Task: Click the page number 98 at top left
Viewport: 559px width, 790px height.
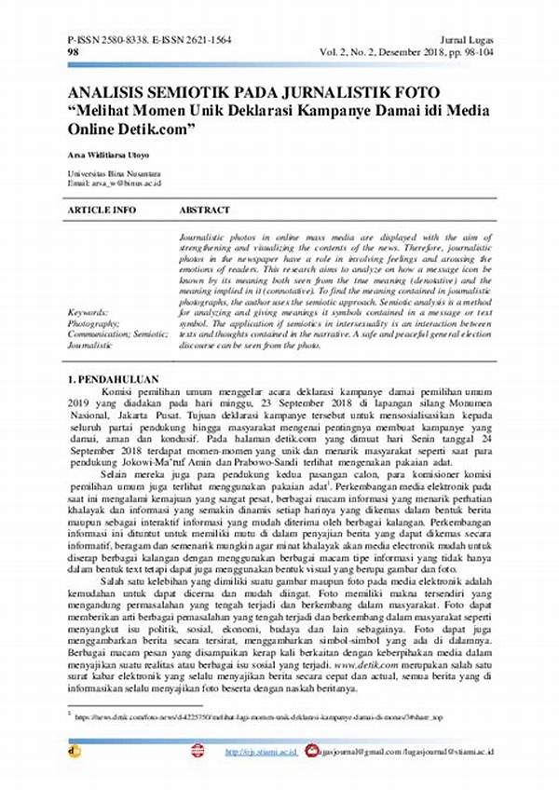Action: click(72, 54)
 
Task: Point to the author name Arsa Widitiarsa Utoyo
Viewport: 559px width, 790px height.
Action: click(108, 153)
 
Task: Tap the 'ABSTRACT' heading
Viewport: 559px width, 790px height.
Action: click(204, 211)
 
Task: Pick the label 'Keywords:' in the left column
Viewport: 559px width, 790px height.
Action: click(88, 312)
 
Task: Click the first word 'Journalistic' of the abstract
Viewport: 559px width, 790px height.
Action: click(204, 239)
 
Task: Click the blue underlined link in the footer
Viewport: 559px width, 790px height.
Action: click(262, 750)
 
